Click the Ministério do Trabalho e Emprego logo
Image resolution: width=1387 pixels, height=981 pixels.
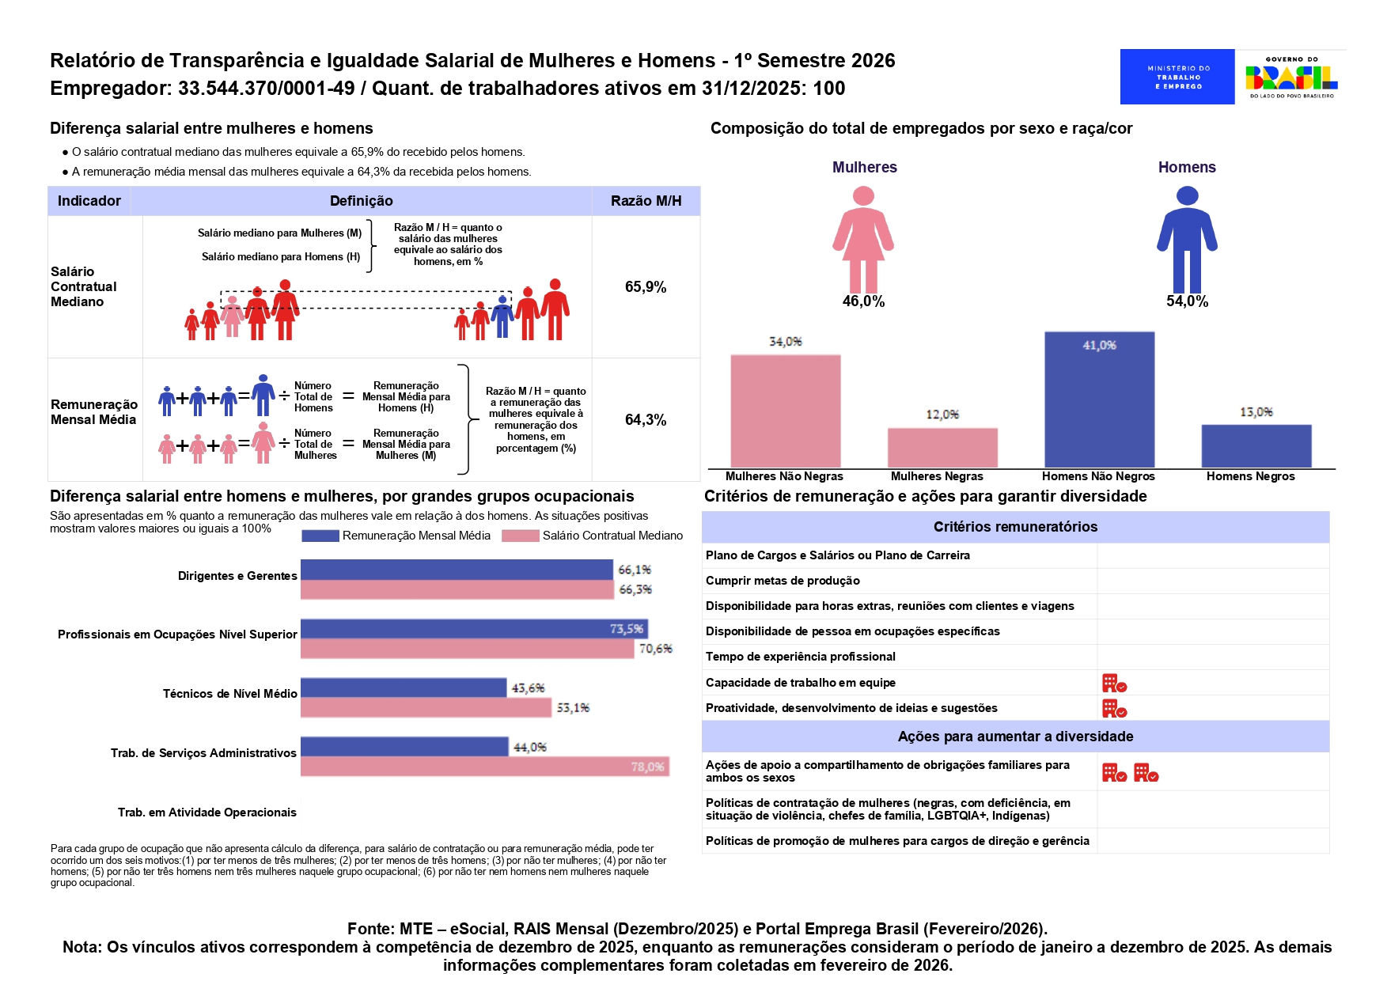pos(1177,77)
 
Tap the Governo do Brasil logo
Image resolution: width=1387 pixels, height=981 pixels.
pos(1291,77)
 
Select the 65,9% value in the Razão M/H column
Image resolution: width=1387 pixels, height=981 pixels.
pos(646,286)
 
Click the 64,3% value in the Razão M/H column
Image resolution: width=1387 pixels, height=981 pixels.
pos(646,419)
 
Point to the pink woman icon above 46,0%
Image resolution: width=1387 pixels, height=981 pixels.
pos(863,239)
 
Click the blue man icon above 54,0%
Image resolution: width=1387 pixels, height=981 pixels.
pos(1187,239)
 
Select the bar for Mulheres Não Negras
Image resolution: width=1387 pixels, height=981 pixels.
pos(785,411)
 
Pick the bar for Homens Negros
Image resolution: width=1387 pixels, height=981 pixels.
pos(1256,446)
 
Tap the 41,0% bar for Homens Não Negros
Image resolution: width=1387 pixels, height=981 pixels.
pos(1099,400)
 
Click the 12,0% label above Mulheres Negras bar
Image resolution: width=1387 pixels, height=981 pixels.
pos(942,415)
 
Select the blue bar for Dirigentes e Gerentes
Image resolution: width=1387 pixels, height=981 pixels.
pos(457,570)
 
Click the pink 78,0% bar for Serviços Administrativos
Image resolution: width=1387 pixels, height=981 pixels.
pos(484,766)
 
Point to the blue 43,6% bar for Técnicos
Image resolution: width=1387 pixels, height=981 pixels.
pos(404,687)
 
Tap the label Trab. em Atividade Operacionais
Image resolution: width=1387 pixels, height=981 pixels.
pos(207,812)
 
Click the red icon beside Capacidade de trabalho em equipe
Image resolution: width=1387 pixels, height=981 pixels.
pos(1114,683)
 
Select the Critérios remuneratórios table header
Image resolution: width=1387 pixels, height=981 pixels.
pos(1015,527)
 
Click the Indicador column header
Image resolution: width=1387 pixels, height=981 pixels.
pos(89,201)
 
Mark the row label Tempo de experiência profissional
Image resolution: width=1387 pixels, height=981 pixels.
pos(801,657)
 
